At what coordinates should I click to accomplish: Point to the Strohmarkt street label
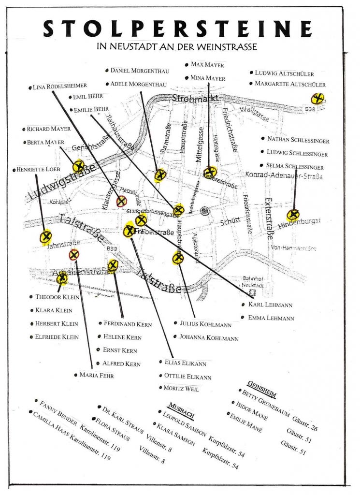[195, 99]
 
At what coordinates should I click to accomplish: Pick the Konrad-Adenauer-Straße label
[284, 175]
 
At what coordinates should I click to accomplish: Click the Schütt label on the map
[230, 222]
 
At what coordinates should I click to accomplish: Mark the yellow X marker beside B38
[317, 100]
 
